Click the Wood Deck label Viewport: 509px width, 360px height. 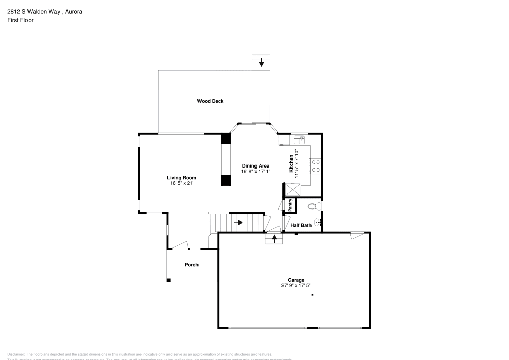210,101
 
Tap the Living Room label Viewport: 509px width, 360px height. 182,178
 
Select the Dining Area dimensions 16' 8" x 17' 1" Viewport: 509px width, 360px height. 256,172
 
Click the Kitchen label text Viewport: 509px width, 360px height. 291,163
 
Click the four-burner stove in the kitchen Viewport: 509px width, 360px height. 315,165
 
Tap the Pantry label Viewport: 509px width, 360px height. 290,205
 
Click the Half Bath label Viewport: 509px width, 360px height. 301,225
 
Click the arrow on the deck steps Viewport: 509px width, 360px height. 262,63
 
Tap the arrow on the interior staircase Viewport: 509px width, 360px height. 238,223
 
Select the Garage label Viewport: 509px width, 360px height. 296,280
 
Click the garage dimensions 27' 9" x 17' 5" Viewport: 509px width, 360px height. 296,286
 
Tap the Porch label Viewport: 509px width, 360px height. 191,265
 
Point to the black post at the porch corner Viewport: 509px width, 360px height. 168,280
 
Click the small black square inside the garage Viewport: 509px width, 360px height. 312,295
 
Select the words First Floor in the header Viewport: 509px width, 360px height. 20,20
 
